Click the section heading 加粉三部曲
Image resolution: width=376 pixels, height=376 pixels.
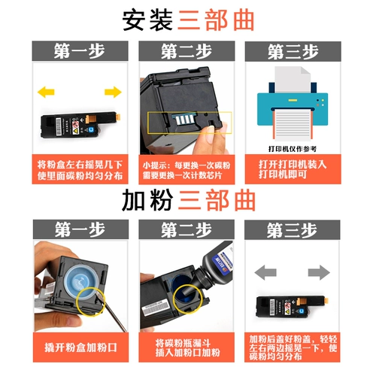188,200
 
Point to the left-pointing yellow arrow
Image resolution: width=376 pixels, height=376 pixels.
46,92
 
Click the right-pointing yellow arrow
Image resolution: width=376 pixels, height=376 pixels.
113,92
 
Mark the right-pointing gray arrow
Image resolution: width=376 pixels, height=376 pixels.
319,271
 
